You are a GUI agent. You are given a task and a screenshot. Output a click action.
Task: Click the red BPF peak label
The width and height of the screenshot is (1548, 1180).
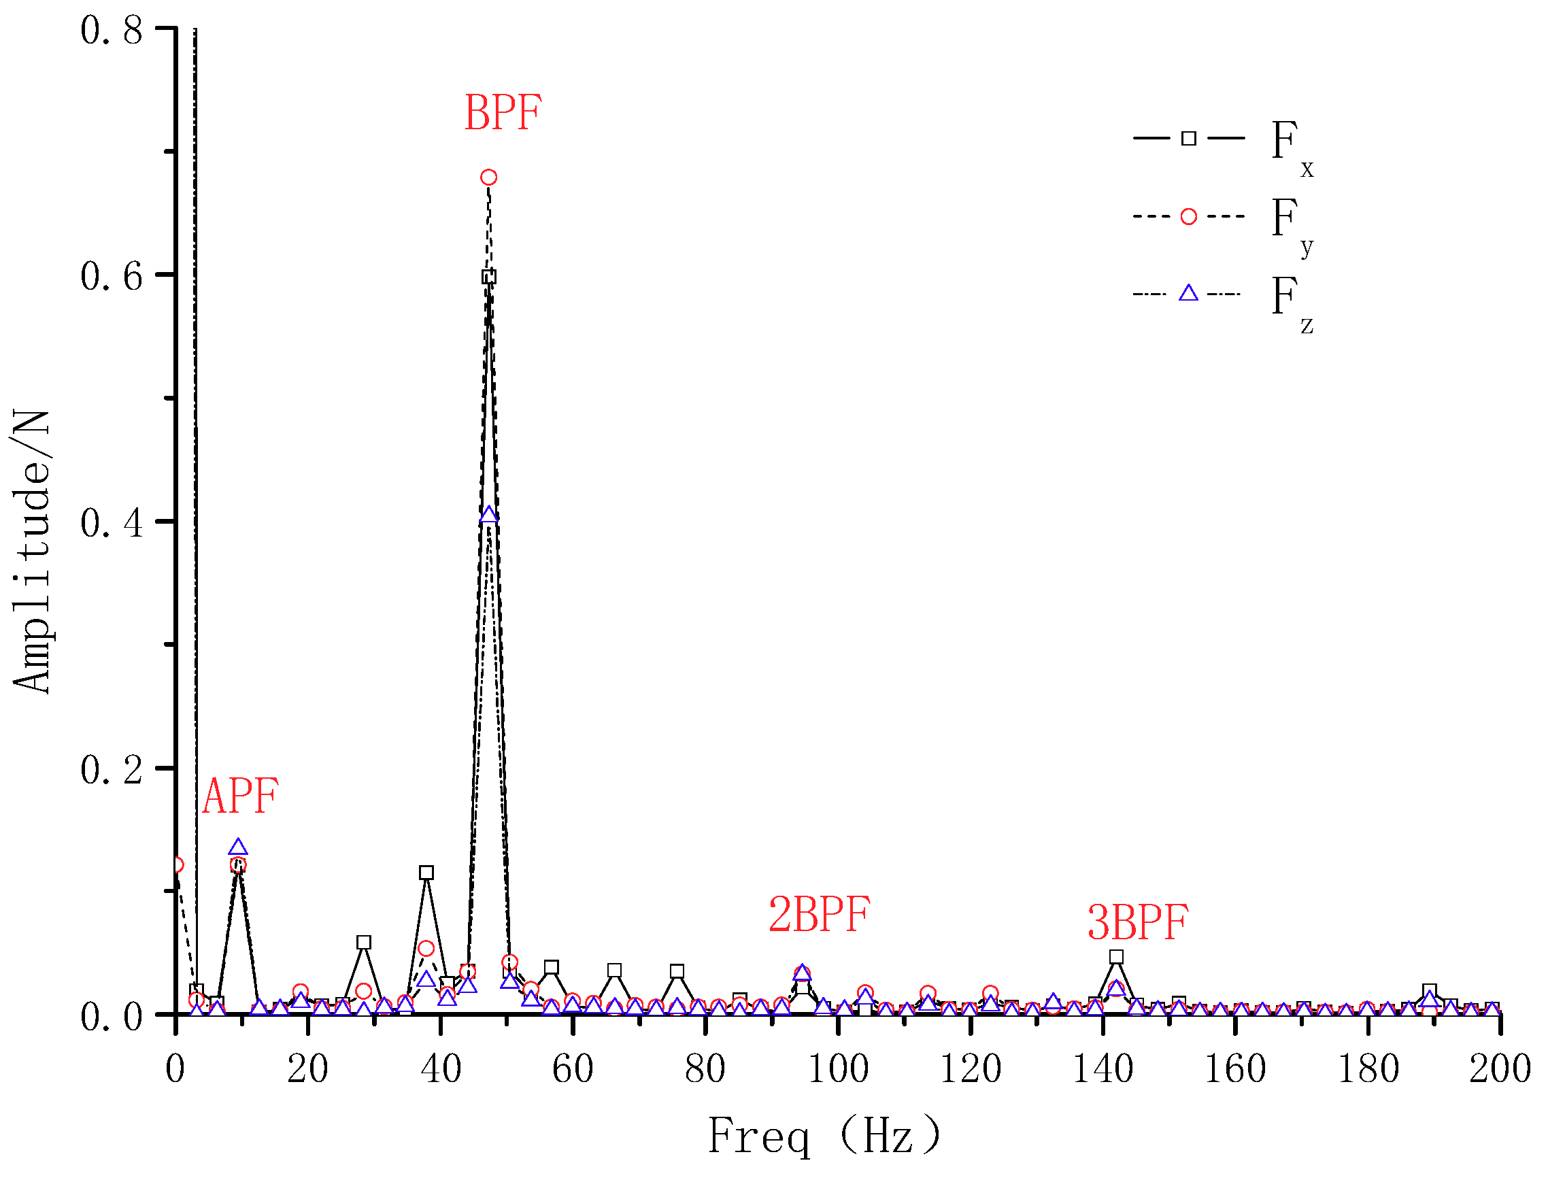503,112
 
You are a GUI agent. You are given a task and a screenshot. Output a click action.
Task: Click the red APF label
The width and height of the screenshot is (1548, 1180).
240,796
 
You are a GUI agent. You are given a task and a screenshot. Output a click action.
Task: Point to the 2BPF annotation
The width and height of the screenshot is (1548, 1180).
819,915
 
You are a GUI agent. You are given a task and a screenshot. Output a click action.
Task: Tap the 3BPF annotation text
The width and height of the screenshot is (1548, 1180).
1137,922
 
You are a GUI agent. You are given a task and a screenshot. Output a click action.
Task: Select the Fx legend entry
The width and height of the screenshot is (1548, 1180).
1222,144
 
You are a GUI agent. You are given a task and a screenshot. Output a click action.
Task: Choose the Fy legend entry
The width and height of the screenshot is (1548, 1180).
1222,221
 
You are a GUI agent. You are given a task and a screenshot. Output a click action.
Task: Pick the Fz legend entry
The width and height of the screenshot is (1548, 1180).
1222,299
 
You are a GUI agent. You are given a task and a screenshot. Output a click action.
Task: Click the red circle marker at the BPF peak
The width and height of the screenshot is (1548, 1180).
489,177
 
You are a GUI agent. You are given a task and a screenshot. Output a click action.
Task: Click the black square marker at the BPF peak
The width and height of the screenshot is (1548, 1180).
489,277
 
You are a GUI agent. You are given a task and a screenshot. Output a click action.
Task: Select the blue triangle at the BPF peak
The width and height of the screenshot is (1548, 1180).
489,515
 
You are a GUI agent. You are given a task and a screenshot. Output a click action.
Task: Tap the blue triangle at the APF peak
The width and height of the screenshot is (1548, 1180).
238,846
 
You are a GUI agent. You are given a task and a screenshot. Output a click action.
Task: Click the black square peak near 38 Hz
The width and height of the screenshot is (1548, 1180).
426,873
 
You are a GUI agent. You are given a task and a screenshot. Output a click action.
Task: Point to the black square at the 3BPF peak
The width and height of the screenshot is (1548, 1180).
1116,957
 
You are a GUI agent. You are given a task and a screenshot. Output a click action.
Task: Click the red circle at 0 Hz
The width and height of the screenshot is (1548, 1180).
176,864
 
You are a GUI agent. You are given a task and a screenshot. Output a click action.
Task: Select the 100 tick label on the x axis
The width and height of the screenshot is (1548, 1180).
838,1069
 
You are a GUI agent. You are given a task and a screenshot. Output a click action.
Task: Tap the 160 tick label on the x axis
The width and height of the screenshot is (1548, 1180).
1234,1069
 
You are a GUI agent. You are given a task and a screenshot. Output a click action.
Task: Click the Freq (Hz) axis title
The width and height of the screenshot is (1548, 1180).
824,1136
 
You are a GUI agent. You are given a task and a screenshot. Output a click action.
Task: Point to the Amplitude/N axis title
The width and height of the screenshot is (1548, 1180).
31,552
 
